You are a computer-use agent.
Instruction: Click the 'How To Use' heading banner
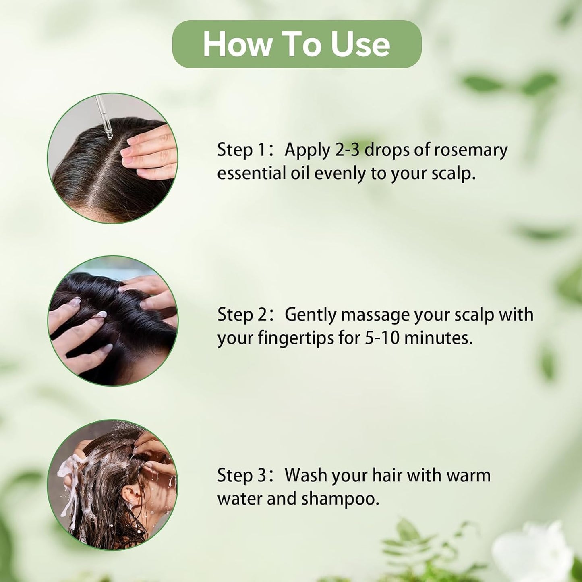(297, 44)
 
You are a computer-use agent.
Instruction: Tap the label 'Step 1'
(241, 150)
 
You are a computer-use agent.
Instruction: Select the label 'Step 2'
(241, 315)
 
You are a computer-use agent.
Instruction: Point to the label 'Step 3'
(241, 475)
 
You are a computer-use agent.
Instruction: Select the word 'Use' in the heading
(360, 44)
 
